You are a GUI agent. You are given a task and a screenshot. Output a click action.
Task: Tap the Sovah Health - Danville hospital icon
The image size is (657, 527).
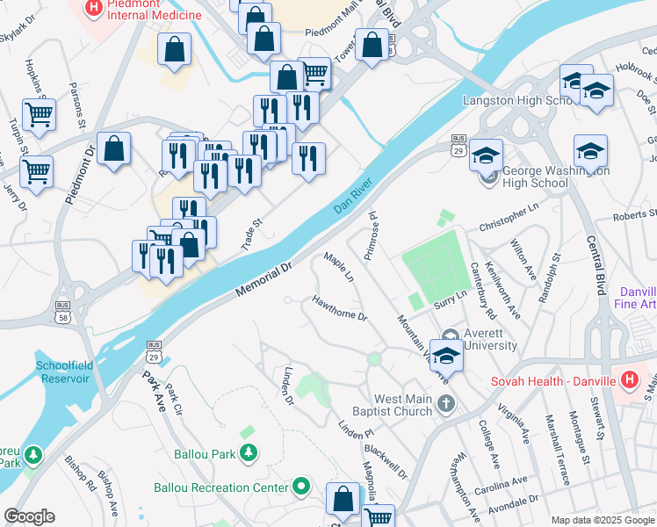pyautogui.click(x=629, y=380)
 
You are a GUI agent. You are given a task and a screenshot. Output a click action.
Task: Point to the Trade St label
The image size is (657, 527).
pyautogui.click(x=252, y=235)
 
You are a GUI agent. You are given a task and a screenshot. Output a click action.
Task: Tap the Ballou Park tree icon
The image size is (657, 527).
pyautogui.click(x=249, y=452)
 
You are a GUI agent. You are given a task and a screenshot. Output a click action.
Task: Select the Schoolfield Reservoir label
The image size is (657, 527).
pyautogui.click(x=62, y=372)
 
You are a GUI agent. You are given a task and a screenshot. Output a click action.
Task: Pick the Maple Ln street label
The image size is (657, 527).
pyautogui.click(x=338, y=267)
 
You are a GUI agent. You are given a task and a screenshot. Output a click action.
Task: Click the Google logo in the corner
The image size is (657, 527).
pyautogui.click(x=29, y=516)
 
